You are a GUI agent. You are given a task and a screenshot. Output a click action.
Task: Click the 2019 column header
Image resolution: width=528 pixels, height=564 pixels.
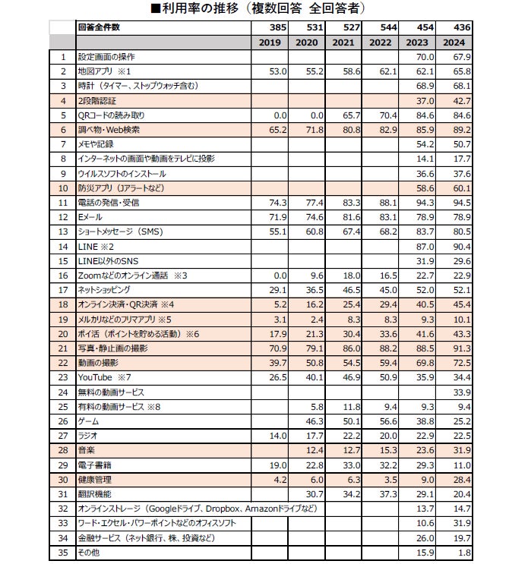[270, 43]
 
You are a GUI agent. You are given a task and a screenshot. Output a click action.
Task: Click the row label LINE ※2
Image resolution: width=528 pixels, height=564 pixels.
[96, 246]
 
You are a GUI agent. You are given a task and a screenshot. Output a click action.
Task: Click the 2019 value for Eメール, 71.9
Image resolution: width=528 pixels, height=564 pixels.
[276, 217]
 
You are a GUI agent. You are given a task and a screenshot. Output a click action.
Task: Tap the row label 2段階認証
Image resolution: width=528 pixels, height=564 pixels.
[99, 100]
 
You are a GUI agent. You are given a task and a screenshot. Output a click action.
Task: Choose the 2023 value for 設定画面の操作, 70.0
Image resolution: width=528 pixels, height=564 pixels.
[425, 57]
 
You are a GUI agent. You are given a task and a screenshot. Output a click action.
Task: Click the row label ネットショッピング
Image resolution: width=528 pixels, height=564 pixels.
[105, 290]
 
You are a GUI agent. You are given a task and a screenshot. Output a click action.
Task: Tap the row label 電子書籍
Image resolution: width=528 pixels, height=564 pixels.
[94, 464]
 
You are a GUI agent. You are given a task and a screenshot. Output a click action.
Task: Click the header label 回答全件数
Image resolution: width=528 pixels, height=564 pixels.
[99, 27]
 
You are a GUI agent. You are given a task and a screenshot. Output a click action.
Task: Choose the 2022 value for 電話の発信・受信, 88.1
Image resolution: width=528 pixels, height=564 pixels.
[388, 203]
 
